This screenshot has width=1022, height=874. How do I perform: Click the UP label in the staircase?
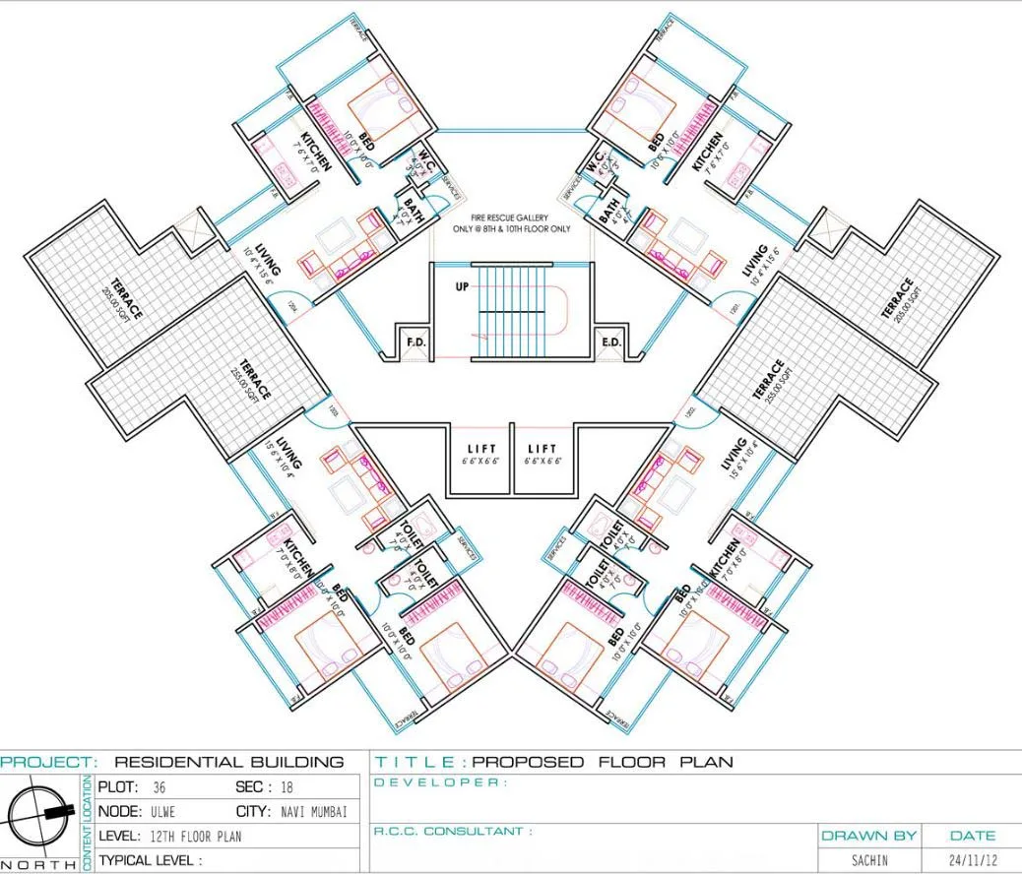point(461,288)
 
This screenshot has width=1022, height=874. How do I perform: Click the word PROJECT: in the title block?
point(49,762)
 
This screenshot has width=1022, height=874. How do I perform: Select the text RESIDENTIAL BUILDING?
point(229,762)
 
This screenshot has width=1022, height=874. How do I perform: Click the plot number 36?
point(159,787)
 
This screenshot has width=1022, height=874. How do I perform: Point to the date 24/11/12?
point(973,859)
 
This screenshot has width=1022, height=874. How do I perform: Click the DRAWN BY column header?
point(869,836)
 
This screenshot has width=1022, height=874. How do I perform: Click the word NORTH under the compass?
point(39,864)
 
